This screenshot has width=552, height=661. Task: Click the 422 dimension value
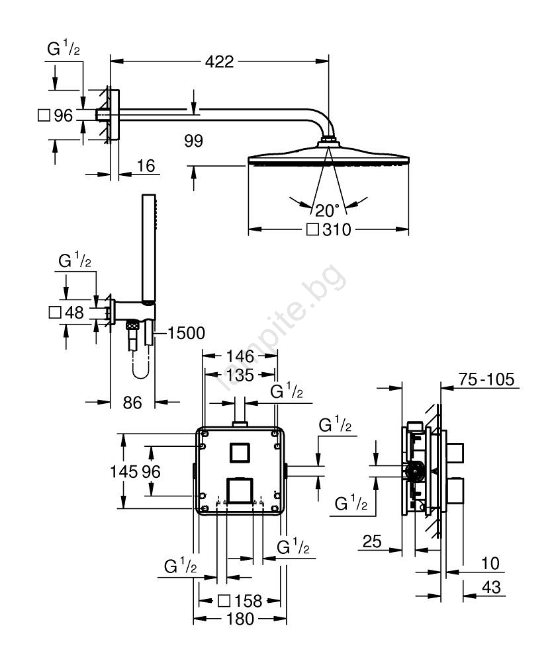tap(219, 61)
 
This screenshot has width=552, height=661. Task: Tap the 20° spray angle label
tap(327, 210)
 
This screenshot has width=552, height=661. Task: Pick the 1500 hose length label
tap(186, 332)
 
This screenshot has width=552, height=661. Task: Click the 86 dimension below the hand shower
tap(133, 402)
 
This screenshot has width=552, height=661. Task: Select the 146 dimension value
tap(240, 356)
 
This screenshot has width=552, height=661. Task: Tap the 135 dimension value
tap(240, 375)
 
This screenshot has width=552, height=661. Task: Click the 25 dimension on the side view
tap(373, 542)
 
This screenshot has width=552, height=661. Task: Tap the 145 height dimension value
tap(124, 471)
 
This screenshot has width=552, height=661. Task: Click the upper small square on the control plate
tap(239, 453)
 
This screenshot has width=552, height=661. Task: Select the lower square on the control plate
tap(240, 490)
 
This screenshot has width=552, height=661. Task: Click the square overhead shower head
tap(328, 161)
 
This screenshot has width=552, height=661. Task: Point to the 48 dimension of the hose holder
tap(74, 313)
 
